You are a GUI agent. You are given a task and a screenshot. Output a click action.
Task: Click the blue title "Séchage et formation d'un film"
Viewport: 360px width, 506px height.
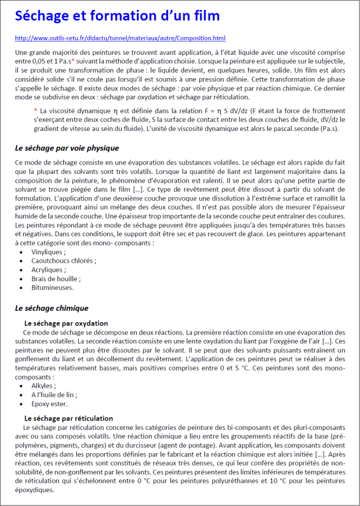[x=117, y=16]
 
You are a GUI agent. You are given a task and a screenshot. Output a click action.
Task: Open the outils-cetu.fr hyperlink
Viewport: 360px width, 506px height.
[x=121, y=38]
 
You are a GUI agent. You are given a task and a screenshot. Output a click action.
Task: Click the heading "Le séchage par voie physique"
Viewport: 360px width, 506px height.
[x=67, y=148]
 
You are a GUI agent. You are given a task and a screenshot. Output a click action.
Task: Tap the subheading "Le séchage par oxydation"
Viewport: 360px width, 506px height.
[x=66, y=323]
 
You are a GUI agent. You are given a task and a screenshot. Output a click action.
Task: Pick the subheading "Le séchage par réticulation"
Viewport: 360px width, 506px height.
[x=68, y=418]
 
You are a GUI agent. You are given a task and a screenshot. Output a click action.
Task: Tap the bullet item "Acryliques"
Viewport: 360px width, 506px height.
[x=48, y=269]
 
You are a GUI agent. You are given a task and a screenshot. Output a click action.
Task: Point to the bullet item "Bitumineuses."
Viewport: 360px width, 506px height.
[x=52, y=287]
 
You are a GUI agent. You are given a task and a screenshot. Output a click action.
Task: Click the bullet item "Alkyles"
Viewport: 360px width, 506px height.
[x=44, y=385]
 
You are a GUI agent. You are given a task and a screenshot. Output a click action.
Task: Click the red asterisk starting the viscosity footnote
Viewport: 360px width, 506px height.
[x=35, y=111]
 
